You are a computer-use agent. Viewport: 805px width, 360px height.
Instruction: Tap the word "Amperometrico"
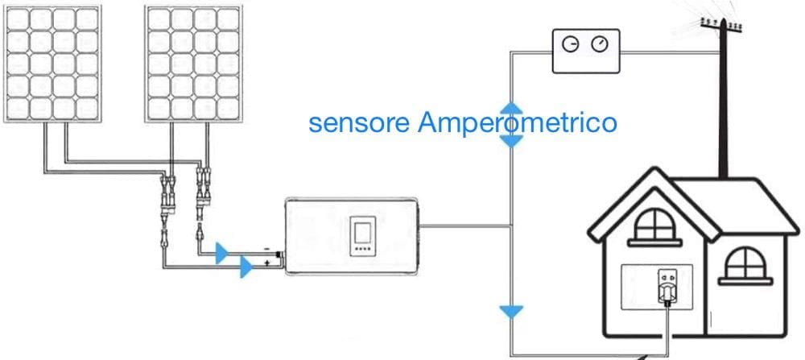pyautogui.click(x=517, y=124)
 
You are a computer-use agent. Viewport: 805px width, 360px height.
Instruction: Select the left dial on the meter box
pyautogui.click(x=571, y=44)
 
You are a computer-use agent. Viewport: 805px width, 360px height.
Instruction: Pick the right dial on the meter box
pyautogui.click(x=599, y=44)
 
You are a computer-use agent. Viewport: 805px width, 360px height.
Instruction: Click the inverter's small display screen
pyautogui.click(x=362, y=230)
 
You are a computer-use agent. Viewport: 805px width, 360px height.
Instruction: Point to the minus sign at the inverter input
pyautogui.click(x=266, y=249)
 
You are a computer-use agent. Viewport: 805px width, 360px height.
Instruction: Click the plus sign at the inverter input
pyautogui.click(x=266, y=263)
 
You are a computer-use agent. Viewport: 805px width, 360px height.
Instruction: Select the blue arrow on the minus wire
pyautogui.click(x=221, y=253)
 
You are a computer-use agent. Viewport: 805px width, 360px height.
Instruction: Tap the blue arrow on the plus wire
pyautogui.click(x=246, y=267)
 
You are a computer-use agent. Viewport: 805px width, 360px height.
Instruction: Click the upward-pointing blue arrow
pyautogui.click(x=511, y=108)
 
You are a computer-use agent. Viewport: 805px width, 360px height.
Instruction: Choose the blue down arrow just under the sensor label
pyautogui.click(x=511, y=141)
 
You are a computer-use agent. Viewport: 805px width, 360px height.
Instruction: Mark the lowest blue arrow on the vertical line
pyautogui.click(x=511, y=312)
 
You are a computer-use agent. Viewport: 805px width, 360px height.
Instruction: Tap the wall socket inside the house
pyautogui.click(x=667, y=287)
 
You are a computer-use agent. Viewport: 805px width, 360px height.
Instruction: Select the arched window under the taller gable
pyautogui.click(x=654, y=226)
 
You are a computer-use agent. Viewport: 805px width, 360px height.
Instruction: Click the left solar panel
pyautogui.click(x=52, y=64)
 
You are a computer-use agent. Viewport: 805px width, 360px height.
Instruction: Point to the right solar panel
pyautogui.click(x=193, y=64)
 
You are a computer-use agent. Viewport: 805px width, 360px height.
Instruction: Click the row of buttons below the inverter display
pyautogui.click(x=362, y=249)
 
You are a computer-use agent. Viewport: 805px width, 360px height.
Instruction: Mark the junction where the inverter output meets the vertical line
pyautogui.click(x=511, y=226)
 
